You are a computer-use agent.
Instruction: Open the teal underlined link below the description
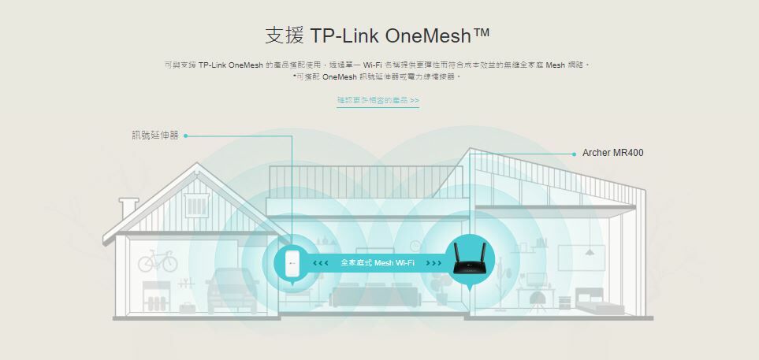[378, 101]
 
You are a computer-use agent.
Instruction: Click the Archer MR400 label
[612, 152]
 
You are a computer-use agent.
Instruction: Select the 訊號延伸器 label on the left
[155, 135]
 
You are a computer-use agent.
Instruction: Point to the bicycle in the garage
[158, 262]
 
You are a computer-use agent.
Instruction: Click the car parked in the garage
[233, 287]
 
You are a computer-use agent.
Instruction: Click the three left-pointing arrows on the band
[320, 262]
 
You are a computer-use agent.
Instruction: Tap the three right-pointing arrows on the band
[433, 262]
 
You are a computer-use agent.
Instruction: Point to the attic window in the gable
[195, 206]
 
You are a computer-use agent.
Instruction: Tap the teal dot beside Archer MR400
[574, 154]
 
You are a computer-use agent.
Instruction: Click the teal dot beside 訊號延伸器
[185, 135]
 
